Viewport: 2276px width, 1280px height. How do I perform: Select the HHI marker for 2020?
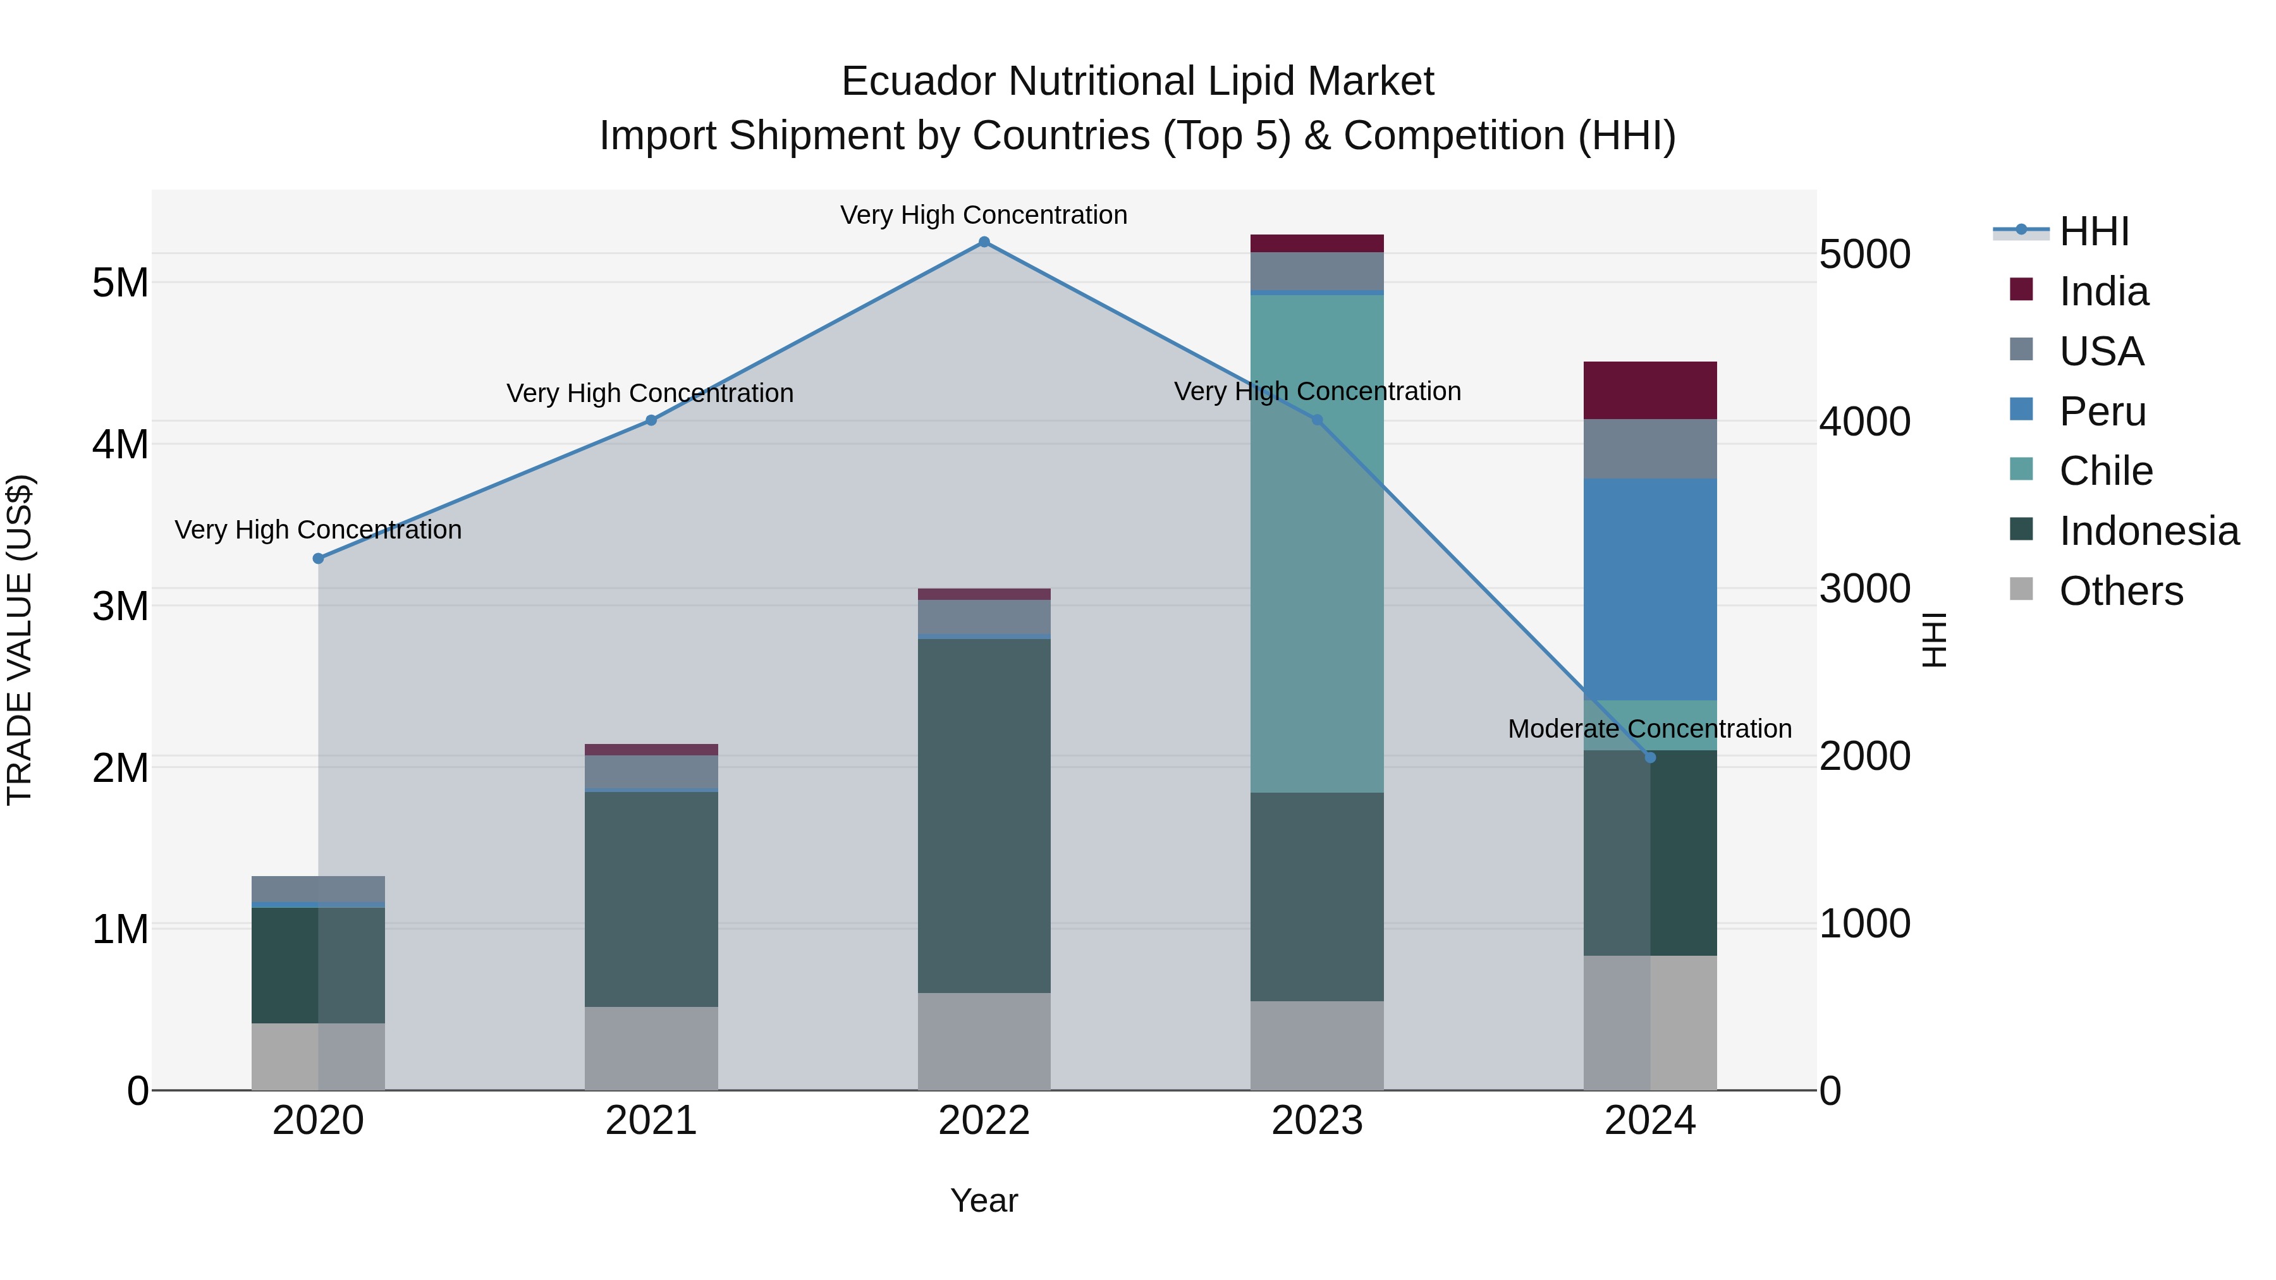pyautogui.click(x=318, y=558)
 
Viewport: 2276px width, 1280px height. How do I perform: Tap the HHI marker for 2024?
pyautogui.click(x=1649, y=757)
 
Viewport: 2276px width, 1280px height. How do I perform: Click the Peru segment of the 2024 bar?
pyautogui.click(x=1649, y=589)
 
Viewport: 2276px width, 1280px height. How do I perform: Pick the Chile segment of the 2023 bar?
pyautogui.click(x=1316, y=543)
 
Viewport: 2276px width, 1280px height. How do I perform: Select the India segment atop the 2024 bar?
pyautogui.click(x=1649, y=389)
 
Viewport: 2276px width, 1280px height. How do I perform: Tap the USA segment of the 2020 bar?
pyautogui.click(x=318, y=888)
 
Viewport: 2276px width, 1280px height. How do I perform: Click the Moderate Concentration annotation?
pyautogui.click(x=1649, y=729)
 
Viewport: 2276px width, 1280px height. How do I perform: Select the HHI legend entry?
pyautogui.click(x=2093, y=231)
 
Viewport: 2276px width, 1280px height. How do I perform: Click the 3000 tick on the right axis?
pyautogui.click(x=1864, y=588)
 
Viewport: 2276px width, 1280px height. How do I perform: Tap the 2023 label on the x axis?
pyautogui.click(x=1316, y=1121)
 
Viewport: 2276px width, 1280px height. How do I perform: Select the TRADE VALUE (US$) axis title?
pyautogui.click(x=20, y=640)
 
